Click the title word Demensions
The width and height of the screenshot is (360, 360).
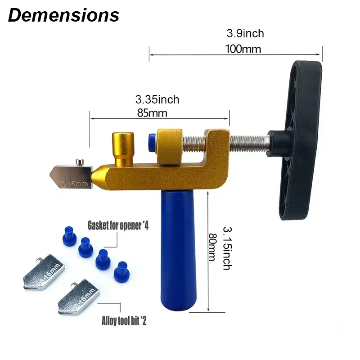pos(63,15)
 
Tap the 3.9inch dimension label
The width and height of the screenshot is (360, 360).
pos(245,33)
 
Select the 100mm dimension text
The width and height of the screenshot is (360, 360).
pos(245,49)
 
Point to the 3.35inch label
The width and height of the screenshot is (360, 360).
pos(157,99)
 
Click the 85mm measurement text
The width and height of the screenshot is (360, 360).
pos(152,113)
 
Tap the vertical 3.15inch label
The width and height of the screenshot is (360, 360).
pos(226,248)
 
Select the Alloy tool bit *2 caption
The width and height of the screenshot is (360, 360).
pos(125,321)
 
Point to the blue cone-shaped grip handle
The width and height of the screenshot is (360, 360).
pos(177,252)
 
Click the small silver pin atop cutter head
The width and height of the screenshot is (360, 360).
pos(79,160)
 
